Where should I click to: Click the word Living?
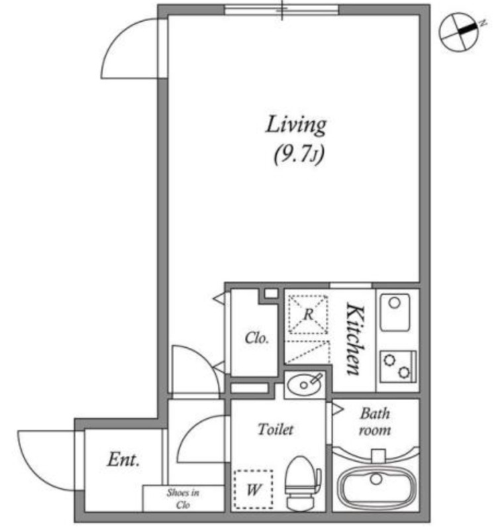coord(296,125)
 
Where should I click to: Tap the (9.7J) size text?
coord(299,155)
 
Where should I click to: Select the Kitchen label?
coord(356,339)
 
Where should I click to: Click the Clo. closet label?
coord(257,337)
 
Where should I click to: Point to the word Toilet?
coord(276,429)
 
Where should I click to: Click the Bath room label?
coord(375,421)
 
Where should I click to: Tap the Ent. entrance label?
coord(123,460)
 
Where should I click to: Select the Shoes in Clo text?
coord(183,499)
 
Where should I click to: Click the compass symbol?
coord(460,32)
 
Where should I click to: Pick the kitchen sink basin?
coord(395,311)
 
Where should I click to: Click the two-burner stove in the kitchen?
coord(397,366)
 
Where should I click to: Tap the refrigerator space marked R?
coord(308,314)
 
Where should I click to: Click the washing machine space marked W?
coord(254,489)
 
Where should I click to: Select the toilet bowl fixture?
coord(302,482)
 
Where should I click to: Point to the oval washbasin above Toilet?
coord(304,384)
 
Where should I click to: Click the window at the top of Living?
coord(281,10)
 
